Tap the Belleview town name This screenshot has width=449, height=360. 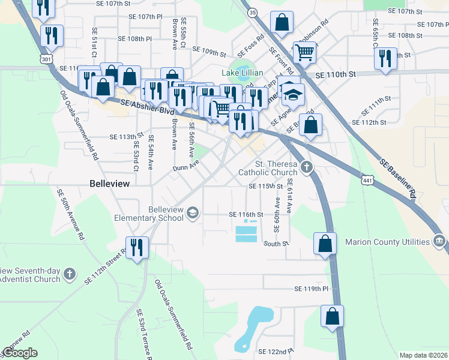[x=109, y=184]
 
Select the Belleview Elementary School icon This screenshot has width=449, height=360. [x=193, y=212]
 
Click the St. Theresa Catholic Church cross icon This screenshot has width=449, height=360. [x=307, y=167]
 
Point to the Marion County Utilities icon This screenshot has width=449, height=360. [x=439, y=242]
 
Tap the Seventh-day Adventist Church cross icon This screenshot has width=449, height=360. [x=70, y=274]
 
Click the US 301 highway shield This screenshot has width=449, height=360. [x=46, y=58]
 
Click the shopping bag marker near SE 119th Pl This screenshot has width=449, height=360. [x=332, y=316]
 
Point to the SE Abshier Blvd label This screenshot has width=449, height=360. [x=147, y=107]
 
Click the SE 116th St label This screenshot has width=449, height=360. [x=246, y=214]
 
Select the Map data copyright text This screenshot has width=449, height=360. [x=423, y=355]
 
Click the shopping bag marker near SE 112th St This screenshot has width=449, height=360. [x=310, y=125]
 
